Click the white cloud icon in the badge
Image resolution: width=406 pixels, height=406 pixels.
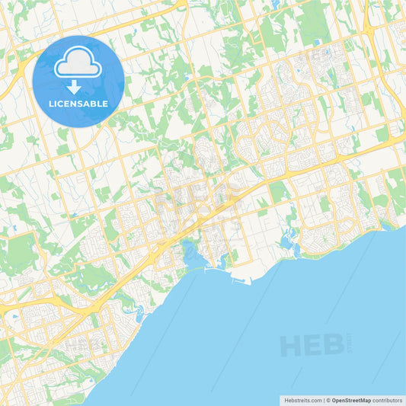point(78,64)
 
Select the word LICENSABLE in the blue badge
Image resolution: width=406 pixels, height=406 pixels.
point(78,104)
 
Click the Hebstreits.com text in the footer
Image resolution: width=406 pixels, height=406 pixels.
point(302,400)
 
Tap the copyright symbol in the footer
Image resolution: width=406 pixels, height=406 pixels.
point(328,400)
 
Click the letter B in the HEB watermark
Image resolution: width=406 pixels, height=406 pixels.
point(331,345)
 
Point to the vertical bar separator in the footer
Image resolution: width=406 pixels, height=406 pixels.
point(324,400)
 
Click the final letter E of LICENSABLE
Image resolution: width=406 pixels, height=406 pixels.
point(105,104)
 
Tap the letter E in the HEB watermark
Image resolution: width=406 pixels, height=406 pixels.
point(312,345)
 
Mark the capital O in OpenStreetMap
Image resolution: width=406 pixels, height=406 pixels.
point(334,400)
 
